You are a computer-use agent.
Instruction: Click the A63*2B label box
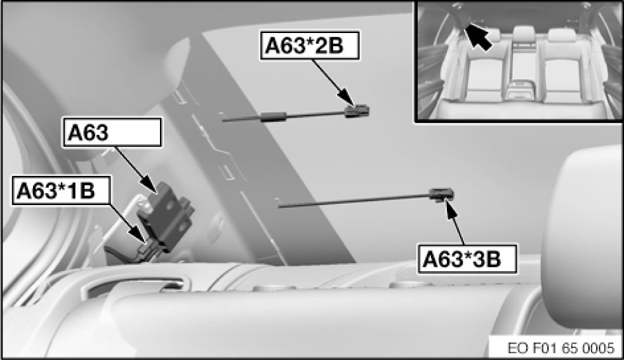[x=310, y=46]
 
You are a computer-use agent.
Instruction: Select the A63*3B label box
[x=467, y=259]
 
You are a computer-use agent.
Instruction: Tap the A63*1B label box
[x=61, y=190]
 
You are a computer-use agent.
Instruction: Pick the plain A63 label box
[x=112, y=132]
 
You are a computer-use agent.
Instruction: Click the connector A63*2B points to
[x=357, y=110]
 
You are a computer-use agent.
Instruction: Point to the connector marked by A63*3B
[x=441, y=194]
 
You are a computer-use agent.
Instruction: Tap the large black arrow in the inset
[x=479, y=36]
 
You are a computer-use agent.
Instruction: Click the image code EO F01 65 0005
[x=561, y=348]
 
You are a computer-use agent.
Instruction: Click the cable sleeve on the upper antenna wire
[x=274, y=116]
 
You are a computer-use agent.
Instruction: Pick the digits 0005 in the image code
[x=598, y=348]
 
